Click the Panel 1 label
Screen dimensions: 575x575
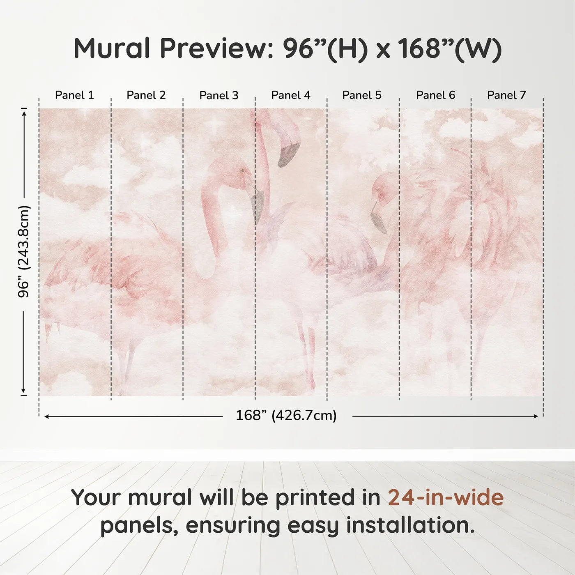click(x=74, y=95)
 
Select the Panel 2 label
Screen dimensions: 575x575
click(x=146, y=95)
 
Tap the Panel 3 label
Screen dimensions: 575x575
click(x=218, y=95)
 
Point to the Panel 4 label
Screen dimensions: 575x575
click(x=291, y=95)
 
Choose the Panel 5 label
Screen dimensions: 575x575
click(x=362, y=95)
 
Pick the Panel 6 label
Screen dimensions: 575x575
click(x=435, y=95)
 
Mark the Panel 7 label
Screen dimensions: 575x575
click(x=506, y=95)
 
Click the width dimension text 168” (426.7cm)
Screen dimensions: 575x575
click(x=286, y=416)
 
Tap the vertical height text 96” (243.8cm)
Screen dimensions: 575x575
click(x=24, y=251)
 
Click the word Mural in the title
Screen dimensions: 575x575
click(x=112, y=48)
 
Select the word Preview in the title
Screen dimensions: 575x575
click(x=214, y=48)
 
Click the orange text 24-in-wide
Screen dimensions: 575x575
click(x=446, y=497)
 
